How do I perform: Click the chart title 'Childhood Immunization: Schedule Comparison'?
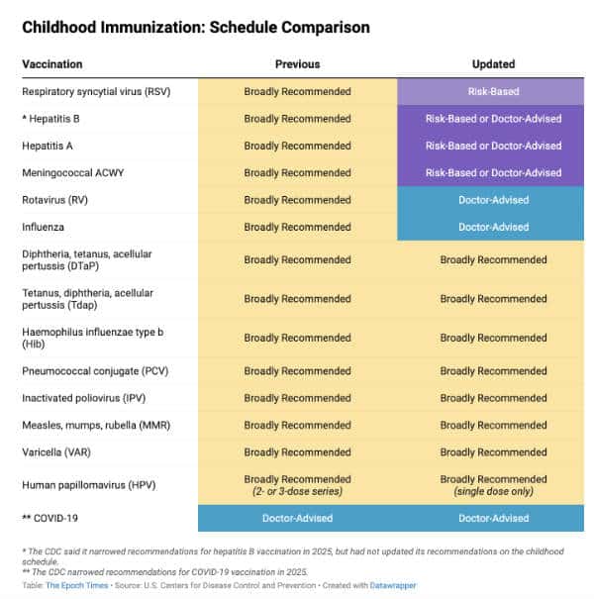(196, 28)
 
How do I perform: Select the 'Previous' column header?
(297, 64)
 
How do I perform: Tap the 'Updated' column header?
(493, 64)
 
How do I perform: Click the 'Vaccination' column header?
(52, 64)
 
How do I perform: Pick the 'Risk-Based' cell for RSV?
(493, 92)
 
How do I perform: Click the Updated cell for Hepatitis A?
(493, 146)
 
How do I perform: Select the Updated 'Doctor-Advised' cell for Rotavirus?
(493, 200)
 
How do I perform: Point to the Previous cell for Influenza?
(297, 227)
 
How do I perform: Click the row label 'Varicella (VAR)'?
(60, 452)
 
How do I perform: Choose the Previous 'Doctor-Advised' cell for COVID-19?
(297, 518)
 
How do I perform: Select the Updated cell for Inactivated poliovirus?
(493, 398)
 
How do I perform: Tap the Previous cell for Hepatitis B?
(297, 119)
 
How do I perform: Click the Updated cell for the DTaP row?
(493, 260)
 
